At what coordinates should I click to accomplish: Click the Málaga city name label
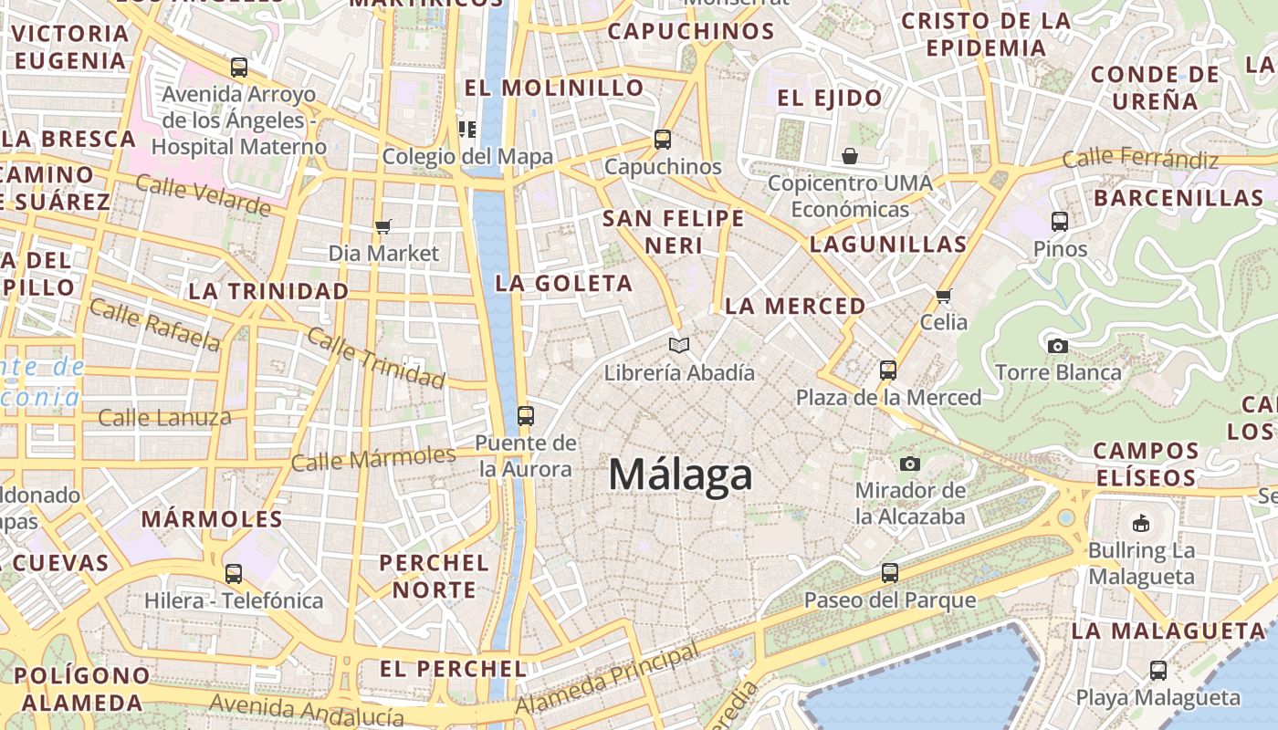680,474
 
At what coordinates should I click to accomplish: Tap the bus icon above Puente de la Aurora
525,416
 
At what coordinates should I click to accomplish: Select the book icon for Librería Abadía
678,345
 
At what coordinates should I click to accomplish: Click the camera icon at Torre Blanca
1057,346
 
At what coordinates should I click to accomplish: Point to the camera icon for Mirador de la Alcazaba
909,464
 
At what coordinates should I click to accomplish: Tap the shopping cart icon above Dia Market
383,226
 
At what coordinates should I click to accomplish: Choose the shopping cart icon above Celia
943,296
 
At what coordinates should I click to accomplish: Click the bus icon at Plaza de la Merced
887,370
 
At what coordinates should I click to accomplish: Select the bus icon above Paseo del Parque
889,573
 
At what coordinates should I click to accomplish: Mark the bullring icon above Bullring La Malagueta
1140,524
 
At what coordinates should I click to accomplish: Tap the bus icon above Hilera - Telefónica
234,574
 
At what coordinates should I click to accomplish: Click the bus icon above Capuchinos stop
663,140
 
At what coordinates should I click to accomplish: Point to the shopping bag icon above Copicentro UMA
850,156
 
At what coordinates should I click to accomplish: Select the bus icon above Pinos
1060,222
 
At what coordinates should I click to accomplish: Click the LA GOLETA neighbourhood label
563,284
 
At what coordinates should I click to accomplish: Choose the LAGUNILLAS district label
887,245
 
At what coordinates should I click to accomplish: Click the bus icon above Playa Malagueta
1158,671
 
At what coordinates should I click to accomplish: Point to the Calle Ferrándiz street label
1140,160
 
